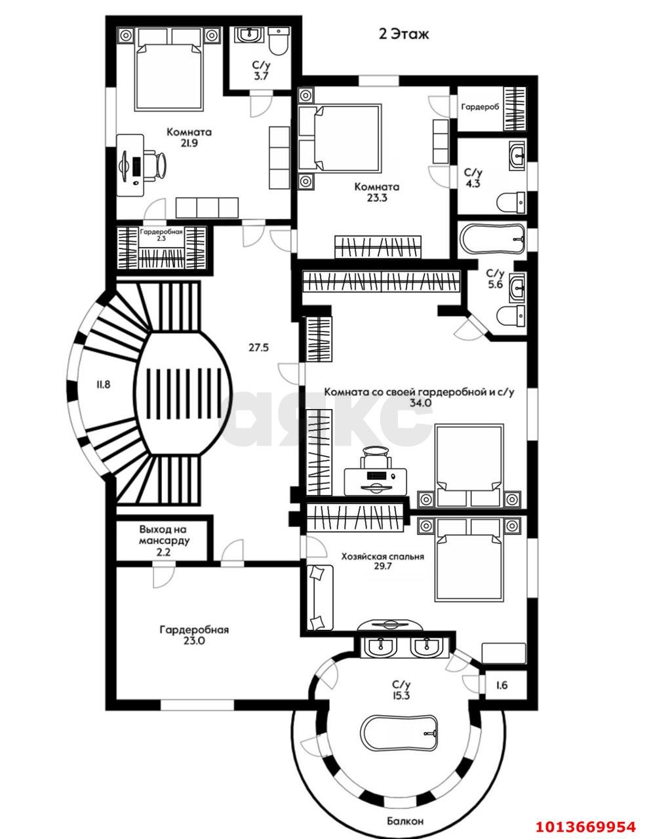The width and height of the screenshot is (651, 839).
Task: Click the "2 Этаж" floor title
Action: click(403, 34)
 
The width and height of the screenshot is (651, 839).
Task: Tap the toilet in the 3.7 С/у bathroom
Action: click(278, 41)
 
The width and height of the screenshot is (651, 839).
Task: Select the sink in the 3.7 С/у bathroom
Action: click(249, 35)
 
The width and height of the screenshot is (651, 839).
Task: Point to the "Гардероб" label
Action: click(480, 107)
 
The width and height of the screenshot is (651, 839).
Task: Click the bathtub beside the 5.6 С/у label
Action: click(492, 240)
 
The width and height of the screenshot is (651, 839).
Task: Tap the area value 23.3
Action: click(376, 198)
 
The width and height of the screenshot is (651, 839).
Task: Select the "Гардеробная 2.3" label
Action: click(161, 235)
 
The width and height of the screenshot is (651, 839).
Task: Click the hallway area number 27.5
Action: click(258, 347)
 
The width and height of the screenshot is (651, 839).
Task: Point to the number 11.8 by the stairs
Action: click(104, 384)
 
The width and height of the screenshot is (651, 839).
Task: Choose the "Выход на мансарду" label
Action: click(165, 535)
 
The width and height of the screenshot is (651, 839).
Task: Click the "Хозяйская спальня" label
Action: click(382, 556)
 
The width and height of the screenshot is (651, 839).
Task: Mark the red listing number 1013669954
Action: click(585, 823)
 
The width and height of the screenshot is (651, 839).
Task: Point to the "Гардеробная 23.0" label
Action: click(194, 635)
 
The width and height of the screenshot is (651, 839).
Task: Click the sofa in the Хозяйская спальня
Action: click(320, 597)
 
